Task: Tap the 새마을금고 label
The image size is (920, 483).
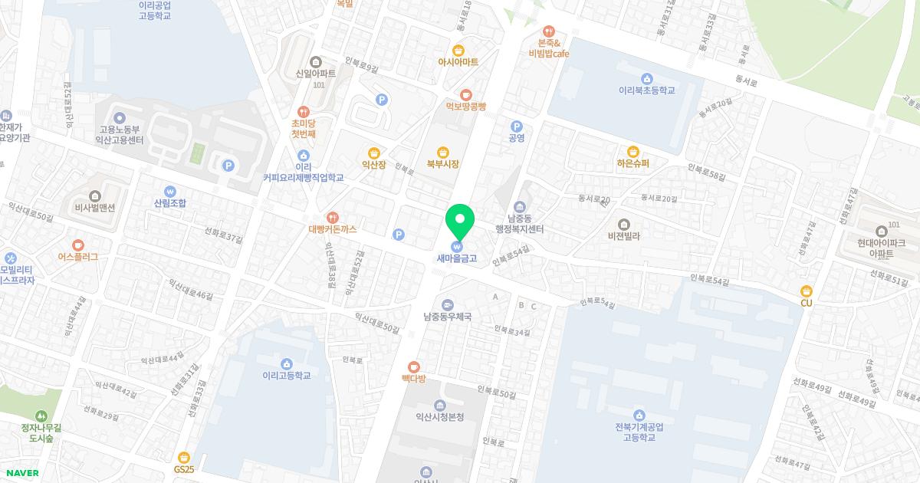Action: pos(457,258)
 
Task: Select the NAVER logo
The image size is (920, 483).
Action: pos(21,473)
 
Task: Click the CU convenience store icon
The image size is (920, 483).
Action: pos(806,291)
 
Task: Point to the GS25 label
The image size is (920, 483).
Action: pos(184,468)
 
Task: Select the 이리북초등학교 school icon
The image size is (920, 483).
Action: pos(647,78)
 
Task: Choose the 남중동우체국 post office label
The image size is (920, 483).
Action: pos(447,316)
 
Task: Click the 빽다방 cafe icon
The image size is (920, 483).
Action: pos(414,366)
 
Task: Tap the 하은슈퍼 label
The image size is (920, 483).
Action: pos(632,163)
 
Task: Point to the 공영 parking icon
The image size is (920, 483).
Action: pos(517,126)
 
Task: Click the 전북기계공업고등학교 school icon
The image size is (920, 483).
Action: pos(639,415)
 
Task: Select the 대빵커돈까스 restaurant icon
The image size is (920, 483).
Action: pos(333,217)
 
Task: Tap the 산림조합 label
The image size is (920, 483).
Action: pos(169,203)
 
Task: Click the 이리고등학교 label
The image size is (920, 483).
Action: pos(286,376)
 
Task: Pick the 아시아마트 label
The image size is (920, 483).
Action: pos(458,61)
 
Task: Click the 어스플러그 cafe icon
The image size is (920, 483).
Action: pos(78,257)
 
